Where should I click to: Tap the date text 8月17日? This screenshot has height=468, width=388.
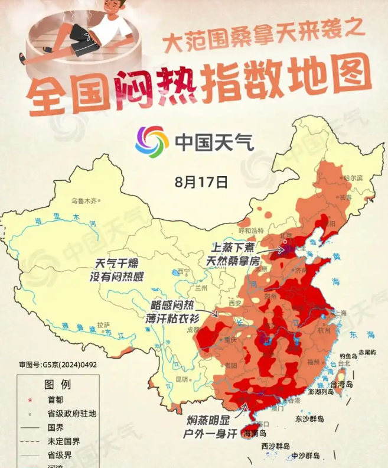click(x=201, y=182)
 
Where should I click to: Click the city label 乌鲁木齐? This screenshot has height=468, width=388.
click(x=83, y=201)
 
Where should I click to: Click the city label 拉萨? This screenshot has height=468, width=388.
click(x=103, y=324)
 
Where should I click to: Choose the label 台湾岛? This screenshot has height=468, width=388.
click(x=341, y=384)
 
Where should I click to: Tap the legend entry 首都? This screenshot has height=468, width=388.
click(x=54, y=399)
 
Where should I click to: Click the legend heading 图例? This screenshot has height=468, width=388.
click(x=57, y=385)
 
